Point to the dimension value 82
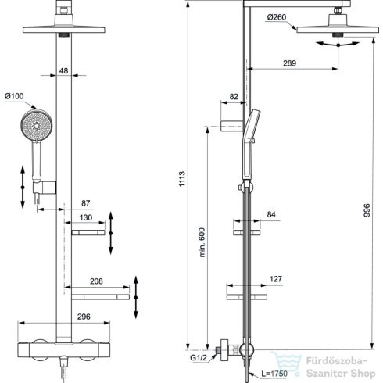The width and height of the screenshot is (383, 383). click(232, 97)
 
